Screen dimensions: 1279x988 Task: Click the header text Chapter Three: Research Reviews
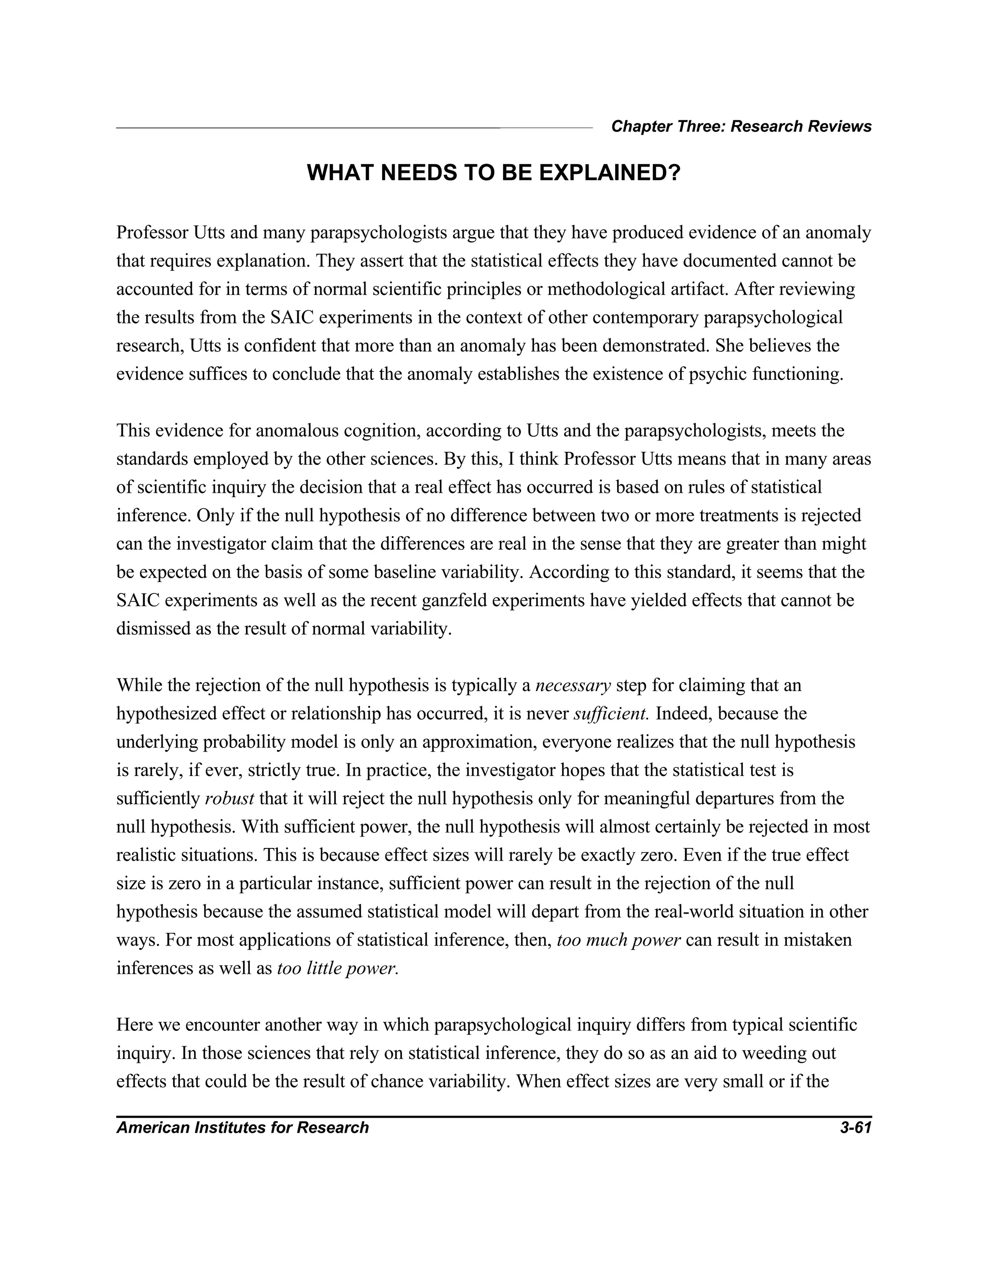[741, 126]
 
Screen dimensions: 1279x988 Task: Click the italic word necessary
[574, 685]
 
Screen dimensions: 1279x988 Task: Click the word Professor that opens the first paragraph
[151, 233]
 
